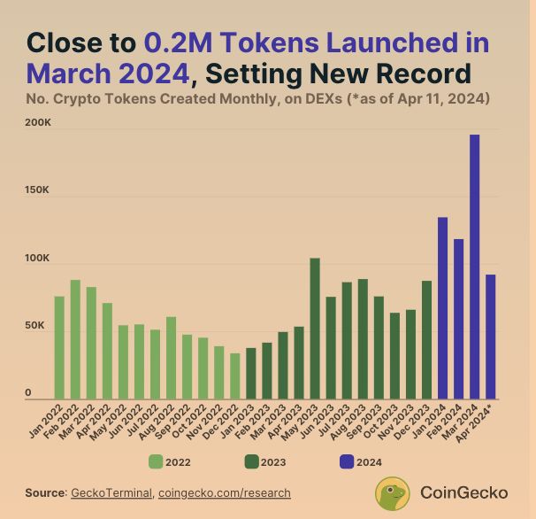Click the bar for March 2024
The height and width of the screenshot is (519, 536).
coord(475,267)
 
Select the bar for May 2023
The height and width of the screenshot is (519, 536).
coord(315,329)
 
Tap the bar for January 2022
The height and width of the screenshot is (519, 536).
coord(59,347)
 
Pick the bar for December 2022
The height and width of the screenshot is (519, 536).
coord(235,376)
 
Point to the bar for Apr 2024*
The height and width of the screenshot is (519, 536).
coord(491,337)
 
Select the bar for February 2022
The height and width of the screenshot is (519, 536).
coord(75,339)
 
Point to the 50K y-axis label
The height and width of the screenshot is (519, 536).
coord(35,326)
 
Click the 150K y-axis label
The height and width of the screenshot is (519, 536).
coord(38,190)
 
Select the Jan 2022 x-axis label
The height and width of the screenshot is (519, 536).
coord(49,420)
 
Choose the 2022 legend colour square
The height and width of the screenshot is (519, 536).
coord(156,461)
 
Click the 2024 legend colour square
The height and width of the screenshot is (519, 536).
coord(347,461)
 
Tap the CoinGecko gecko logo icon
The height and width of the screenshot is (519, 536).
coord(393,493)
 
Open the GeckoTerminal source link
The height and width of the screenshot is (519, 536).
coord(111,492)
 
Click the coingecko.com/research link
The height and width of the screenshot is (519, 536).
coord(225,492)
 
